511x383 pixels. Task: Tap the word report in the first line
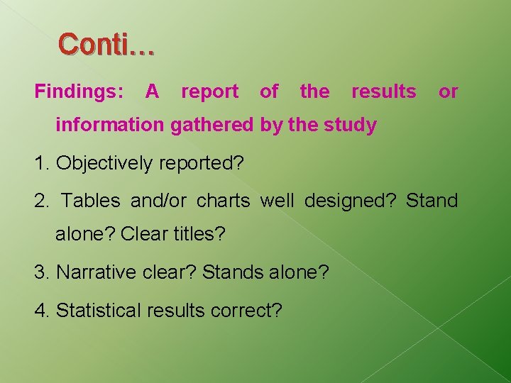209,91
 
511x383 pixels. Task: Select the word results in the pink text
384,91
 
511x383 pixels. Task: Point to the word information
111,126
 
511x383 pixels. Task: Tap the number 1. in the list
42,163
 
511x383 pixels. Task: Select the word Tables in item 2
90,201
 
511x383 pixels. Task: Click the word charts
223,201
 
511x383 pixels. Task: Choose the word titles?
199,234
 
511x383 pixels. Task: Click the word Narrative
91,272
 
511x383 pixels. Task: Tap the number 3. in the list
42,272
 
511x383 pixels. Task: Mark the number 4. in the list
42,310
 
